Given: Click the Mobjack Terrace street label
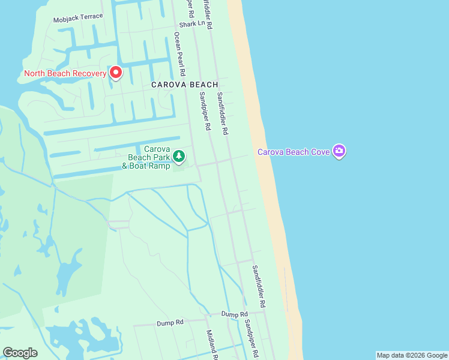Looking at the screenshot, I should (78, 17).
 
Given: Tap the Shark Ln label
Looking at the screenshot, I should (188, 25).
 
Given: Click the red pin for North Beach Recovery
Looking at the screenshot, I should (115, 73).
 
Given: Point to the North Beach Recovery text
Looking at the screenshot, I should (65, 74).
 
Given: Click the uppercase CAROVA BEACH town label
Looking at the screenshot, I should (184, 85).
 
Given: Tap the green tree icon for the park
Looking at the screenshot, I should (179, 157).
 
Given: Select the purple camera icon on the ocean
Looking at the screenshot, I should (339, 151).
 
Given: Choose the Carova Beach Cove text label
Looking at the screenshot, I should (294, 152).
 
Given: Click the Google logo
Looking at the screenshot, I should (20, 353).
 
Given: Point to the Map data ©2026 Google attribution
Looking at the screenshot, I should (412, 355).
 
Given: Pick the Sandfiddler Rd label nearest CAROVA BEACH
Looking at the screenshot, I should (223, 113).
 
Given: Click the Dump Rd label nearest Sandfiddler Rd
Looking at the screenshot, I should (234, 314).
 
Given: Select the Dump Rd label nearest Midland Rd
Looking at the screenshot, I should (170, 322).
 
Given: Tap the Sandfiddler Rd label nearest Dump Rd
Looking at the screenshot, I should (258, 286).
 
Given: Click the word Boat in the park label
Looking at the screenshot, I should (136, 165).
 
